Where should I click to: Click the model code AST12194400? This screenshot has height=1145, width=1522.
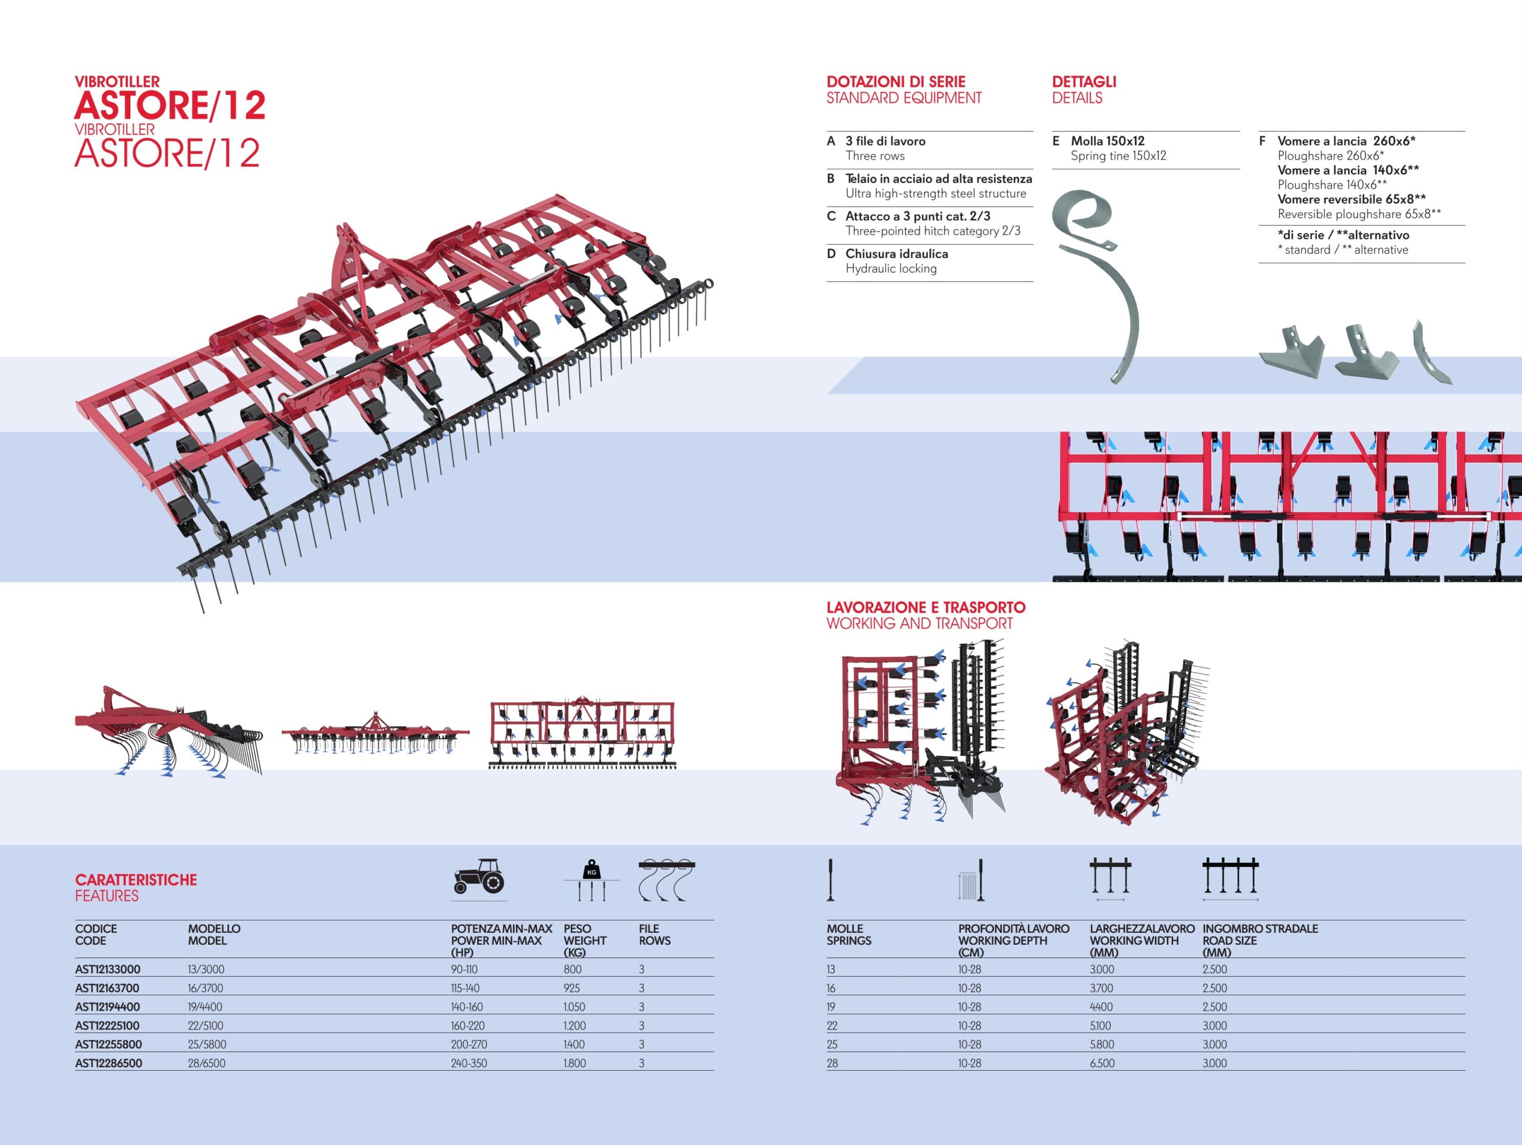pyautogui.click(x=108, y=1007)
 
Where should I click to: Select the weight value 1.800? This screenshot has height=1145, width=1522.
pyautogui.click(x=574, y=1063)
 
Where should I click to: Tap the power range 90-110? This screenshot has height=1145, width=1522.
pyautogui.click(x=464, y=970)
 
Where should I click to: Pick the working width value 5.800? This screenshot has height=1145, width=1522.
pyautogui.click(x=1102, y=1045)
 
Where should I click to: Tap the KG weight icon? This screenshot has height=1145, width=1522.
pyautogui.click(x=592, y=879)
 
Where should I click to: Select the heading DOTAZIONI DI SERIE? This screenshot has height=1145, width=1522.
pyautogui.click(x=896, y=82)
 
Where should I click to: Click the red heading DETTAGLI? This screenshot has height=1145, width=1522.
pyautogui.click(x=1084, y=82)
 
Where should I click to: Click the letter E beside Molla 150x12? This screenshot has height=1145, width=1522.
pyautogui.click(x=1056, y=141)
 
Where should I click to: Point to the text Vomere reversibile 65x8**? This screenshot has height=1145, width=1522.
pyautogui.click(x=1351, y=200)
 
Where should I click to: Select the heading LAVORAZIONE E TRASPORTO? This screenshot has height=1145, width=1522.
pyautogui.click(x=926, y=607)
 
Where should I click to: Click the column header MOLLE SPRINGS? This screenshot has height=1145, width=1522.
pyautogui.click(x=848, y=935)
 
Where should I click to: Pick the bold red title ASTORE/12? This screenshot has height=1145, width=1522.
pyautogui.click(x=170, y=106)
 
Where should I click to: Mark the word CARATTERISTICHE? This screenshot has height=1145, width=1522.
pyautogui.click(x=136, y=879)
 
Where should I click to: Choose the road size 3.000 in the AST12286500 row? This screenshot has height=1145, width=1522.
pyautogui.click(x=1215, y=1063)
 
